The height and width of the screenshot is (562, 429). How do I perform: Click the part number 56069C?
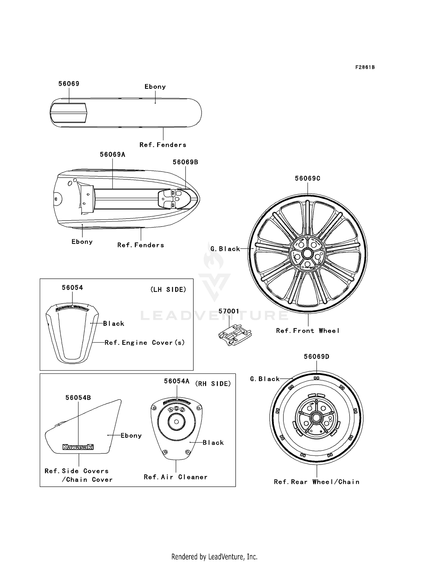(307, 178)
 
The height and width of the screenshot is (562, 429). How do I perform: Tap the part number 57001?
(229, 311)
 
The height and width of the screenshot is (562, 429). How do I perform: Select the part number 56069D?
(316, 357)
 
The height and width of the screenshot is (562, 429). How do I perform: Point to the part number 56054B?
(78, 398)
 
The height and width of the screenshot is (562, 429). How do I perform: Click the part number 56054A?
(176, 381)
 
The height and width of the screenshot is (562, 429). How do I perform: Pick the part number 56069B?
(185, 162)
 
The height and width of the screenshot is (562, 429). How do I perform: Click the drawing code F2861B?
(365, 67)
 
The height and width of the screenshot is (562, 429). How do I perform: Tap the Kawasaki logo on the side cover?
(78, 447)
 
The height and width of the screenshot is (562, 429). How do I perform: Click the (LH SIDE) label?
(168, 290)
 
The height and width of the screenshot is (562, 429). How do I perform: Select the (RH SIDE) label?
(213, 384)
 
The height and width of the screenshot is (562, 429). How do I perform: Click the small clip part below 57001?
(235, 335)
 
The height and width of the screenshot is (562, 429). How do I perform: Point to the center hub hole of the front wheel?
(308, 253)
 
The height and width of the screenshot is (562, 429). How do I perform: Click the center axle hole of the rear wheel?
(316, 417)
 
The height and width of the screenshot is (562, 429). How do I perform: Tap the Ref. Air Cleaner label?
(175, 477)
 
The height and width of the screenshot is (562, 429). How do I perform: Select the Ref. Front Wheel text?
(308, 331)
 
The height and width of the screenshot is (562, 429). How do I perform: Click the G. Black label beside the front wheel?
(225, 249)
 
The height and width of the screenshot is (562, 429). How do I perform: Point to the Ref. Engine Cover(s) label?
(145, 343)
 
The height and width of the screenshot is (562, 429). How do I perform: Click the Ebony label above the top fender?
(155, 87)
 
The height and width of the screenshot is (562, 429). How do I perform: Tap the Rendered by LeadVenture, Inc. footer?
(214, 557)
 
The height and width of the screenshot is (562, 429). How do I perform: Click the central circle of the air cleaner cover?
(176, 422)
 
